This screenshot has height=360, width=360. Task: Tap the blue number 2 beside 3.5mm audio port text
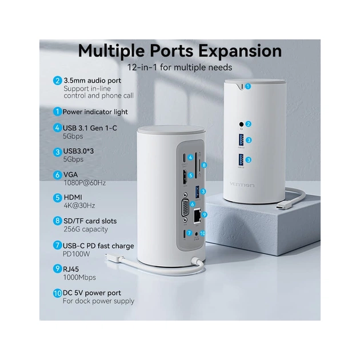(57, 81)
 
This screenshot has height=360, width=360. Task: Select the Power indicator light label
(95, 112)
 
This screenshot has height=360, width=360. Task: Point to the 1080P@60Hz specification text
(84, 183)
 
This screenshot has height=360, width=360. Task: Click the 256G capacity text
(86, 229)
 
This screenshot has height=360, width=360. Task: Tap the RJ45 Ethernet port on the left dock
(197, 216)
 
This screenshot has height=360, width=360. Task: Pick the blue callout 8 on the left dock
(203, 165)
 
